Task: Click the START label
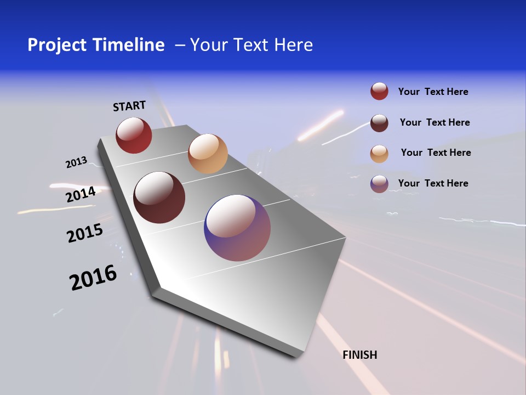129,106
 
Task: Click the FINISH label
360,355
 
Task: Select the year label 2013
76,162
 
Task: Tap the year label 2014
81,195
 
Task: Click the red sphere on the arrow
134,135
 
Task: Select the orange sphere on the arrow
208,154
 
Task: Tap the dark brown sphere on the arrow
159,198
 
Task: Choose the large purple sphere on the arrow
237,228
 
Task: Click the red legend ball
379,91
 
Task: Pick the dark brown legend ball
379,122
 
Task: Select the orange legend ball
379,153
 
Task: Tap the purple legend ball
379,183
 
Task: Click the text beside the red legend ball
433,92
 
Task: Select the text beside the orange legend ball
436,153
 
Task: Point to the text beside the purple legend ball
433,183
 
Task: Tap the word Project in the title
57,45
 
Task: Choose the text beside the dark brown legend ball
434,122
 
